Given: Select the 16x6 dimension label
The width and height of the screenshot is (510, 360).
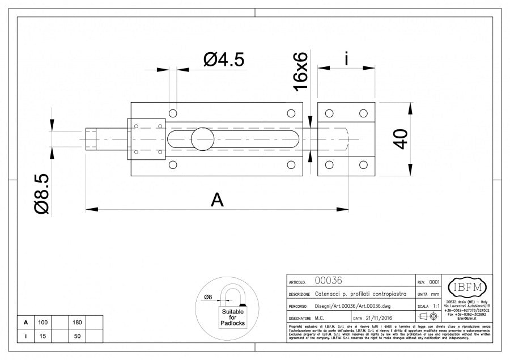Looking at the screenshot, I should pyautogui.click(x=300, y=71).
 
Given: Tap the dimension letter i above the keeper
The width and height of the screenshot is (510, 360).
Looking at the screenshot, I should pyautogui.click(x=346, y=58).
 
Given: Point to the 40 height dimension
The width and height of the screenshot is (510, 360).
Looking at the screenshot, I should pyautogui.click(x=400, y=139).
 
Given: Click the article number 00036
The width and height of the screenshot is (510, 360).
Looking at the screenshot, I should pyautogui.click(x=328, y=281).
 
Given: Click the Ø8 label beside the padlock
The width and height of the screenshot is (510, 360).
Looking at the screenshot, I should pyautogui.click(x=208, y=297).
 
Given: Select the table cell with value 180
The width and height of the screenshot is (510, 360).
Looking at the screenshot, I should pyautogui.click(x=77, y=322).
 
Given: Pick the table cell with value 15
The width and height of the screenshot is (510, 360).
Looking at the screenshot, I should pyautogui.click(x=42, y=336).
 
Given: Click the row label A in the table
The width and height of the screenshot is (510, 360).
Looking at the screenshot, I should pyautogui.click(x=25, y=322).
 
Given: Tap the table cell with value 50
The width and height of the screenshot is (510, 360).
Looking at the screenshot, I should pyautogui.click(x=77, y=336).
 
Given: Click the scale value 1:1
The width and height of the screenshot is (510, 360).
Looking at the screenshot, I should pyautogui.click(x=436, y=306).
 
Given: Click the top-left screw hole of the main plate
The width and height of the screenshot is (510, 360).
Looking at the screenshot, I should pyautogui.click(x=173, y=112).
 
